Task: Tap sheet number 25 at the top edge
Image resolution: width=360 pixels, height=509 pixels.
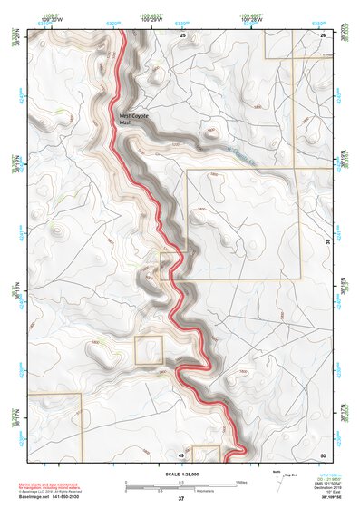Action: [182, 34]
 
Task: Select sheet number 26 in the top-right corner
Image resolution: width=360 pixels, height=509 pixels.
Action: [323, 34]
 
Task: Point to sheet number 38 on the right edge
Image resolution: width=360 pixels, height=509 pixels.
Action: [327, 240]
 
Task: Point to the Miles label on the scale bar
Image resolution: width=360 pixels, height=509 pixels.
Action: [241, 482]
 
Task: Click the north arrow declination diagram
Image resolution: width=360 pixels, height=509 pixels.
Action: [276, 482]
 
